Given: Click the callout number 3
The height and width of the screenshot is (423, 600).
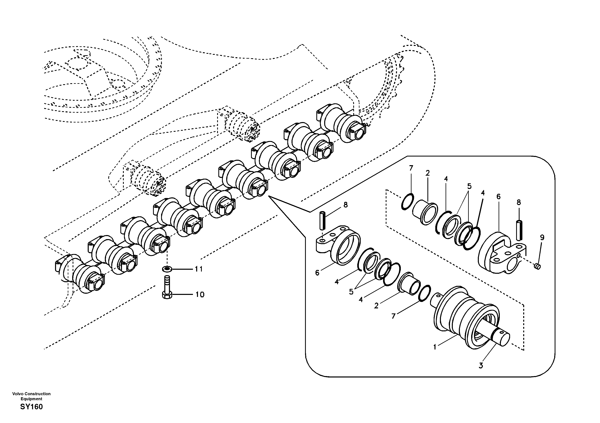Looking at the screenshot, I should tap(481, 366).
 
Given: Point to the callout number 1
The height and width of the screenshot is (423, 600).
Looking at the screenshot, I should tap(435, 347).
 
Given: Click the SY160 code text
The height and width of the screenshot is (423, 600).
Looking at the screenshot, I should tap(31, 407).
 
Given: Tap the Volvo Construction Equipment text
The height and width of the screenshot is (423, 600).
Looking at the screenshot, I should tap(31, 396).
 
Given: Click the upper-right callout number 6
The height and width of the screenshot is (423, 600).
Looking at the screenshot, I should tap(499, 197).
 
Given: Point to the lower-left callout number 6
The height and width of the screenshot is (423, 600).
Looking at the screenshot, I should tap(317, 273).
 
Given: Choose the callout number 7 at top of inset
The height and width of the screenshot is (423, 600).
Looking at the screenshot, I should tap(411, 168).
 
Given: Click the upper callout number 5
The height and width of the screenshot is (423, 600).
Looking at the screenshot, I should tap(469, 186).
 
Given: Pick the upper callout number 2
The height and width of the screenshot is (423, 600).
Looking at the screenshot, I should tap(428, 173).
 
